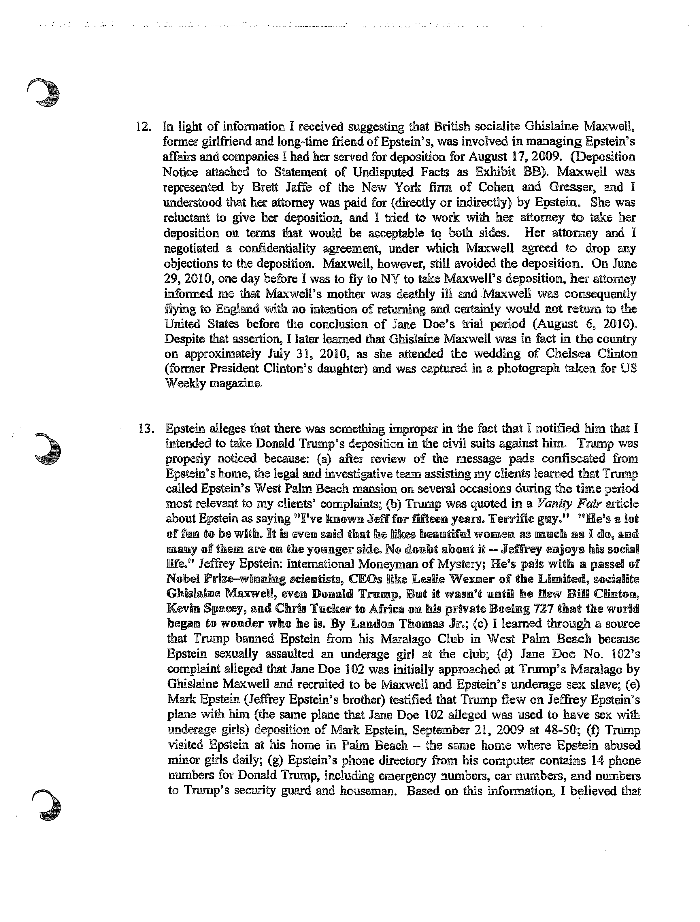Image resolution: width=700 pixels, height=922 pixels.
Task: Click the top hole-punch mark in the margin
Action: (44, 93)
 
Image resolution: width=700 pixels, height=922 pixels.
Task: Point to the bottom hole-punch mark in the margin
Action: (47, 806)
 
